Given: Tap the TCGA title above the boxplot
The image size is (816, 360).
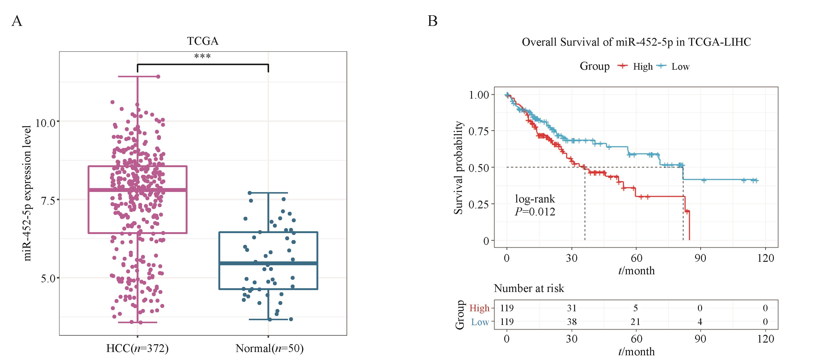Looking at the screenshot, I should pos(203,41).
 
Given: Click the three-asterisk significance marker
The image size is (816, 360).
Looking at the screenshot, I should pos(202,57).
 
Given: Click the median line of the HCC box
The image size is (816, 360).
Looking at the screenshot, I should pos(137,190).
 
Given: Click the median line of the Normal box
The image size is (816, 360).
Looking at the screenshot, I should pos(268,263).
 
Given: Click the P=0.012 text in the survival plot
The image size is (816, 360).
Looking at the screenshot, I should pos(535,211).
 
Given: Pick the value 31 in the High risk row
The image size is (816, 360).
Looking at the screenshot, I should pos(572,308).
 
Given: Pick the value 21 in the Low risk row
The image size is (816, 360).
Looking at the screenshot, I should pos(636,322).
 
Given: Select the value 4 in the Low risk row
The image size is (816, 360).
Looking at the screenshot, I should pos(700,322).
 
